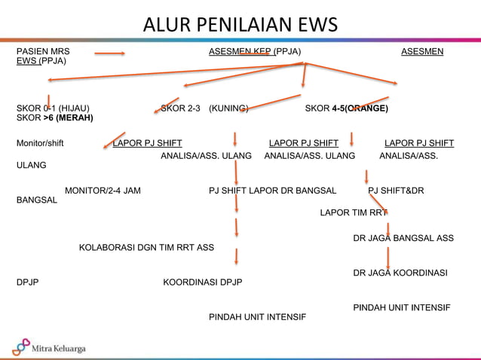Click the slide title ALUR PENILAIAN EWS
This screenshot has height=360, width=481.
pos(240,24)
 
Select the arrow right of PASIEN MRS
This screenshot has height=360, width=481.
pos(109,53)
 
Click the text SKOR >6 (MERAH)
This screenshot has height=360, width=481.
pos(53,119)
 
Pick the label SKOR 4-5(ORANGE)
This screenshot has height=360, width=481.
pos(347,108)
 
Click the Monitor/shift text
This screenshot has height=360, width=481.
pos(40,143)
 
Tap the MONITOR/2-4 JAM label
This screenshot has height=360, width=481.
pos(103,191)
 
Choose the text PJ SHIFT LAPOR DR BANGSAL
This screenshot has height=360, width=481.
pos(272,191)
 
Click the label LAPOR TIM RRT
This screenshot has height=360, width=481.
pos(353,212)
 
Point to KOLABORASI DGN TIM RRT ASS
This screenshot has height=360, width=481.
pos(146,247)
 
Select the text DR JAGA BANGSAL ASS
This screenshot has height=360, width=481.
pos(403,238)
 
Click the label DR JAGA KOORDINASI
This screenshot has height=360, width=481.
pos(400,272)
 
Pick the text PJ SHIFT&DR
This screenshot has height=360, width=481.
pos(396,191)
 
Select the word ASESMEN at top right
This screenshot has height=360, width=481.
pos(422,51)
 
